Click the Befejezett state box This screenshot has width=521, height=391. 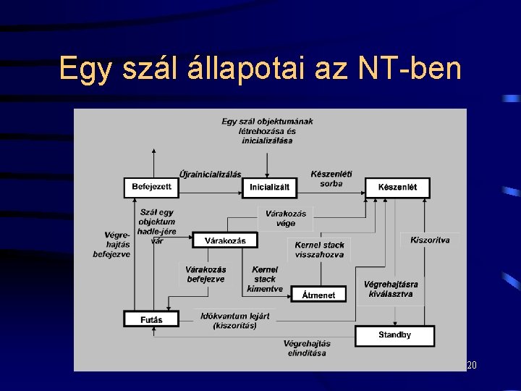[151, 188]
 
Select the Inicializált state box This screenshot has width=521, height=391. [269, 188]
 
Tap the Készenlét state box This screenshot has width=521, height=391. [397, 188]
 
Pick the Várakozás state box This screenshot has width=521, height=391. [225, 240]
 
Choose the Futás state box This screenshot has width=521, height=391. [151, 319]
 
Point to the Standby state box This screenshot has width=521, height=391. [394, 335]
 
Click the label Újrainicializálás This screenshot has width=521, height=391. [210, 175]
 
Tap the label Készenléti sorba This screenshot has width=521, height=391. [331, 179]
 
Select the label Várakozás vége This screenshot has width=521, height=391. [286, 218]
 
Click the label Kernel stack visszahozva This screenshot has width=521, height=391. [319, 250]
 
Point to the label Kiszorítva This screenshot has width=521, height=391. [430, 240]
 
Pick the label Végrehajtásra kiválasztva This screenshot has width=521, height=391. [391, 290]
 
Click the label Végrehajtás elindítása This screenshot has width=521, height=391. [307, 348]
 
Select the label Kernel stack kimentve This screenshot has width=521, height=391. [265, 279]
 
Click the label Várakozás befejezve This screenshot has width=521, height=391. [206, 274]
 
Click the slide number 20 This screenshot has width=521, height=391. [472, 366]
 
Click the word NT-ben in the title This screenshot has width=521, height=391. [410, 69]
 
